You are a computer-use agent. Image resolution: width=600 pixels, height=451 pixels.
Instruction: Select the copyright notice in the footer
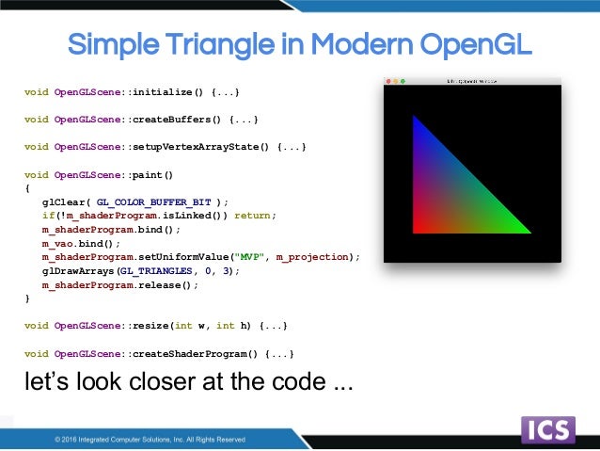tap(150, 439)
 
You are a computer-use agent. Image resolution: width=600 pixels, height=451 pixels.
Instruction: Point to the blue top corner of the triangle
tap(417, 121)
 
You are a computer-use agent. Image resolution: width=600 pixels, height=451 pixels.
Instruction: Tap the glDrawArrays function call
tap(78, 270)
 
